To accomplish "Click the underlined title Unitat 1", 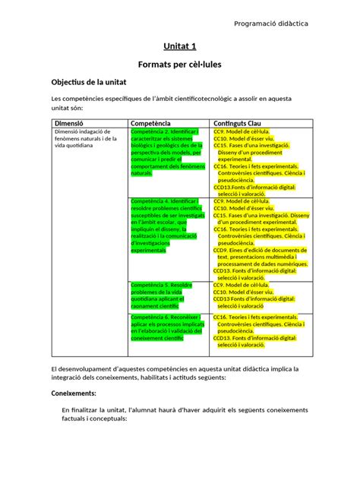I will [180, 47].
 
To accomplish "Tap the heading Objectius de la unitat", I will [93, 83].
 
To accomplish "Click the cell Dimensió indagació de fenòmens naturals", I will [85, 139].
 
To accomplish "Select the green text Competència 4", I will [163, 201].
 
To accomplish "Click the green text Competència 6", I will [163, 317].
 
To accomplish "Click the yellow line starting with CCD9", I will [260, 249].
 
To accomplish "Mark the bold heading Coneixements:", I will [73, 394].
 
